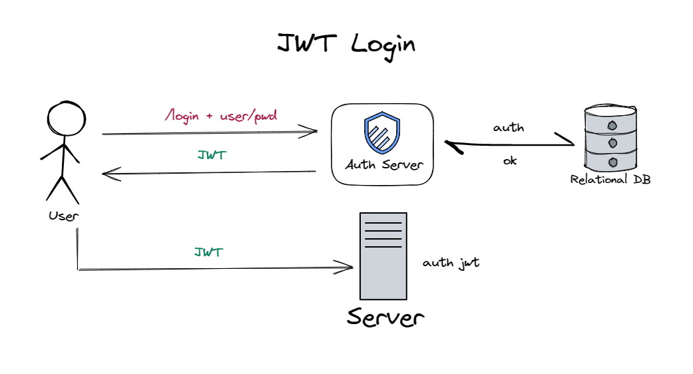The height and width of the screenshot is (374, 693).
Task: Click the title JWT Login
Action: (x=346, y=45)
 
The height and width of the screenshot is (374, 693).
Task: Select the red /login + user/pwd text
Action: (x=221, y=116)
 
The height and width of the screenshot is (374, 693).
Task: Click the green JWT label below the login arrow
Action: (x=212, y=155)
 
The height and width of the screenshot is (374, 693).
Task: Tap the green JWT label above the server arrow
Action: (x=208, y=252)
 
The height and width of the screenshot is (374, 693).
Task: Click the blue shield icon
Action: (x=382, y=133)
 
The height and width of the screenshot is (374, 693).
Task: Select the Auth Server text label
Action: (x=383, y=164)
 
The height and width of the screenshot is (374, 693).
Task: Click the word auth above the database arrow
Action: (x=508, y=127)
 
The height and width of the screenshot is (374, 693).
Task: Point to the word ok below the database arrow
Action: (x=509, y=160)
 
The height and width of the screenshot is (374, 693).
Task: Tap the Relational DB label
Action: (x=610, y=180)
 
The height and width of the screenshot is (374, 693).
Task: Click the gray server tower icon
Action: (x=383, y=256)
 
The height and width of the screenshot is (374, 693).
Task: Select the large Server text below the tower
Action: (x=385, y=317)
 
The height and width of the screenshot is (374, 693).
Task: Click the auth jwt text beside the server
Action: (x=451, y=262)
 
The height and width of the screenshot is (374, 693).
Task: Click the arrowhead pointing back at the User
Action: (x=108, y=174)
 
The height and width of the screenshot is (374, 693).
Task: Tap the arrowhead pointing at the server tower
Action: (x=347, y=268)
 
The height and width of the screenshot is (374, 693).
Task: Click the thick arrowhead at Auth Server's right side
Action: (x=451, y=144)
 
